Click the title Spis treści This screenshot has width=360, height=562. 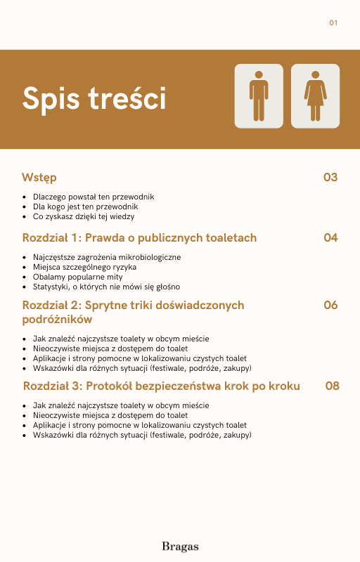tap(94, 98)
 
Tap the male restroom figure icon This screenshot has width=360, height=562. tap(259, 96)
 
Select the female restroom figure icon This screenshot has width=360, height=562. tap(315, 96)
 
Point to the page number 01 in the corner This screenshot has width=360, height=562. tap(333, 23)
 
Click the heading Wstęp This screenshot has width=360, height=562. tap(39, 177)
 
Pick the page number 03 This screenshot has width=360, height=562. tap(330, 177)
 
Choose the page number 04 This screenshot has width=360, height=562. tap(330, 237)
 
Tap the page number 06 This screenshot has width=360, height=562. tap(330, 305)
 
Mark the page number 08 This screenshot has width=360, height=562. tap(333, 386)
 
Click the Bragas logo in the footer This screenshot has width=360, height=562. tap(180, 546)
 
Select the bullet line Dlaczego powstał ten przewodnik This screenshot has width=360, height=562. tap(93, 197)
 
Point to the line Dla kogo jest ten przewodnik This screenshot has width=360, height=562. tap(85, 207)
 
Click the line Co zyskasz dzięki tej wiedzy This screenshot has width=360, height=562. tap(84, 216)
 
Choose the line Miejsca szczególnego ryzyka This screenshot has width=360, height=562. tap(84, 267)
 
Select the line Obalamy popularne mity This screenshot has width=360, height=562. tap(77, 277)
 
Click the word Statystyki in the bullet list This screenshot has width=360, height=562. tap(50, 287)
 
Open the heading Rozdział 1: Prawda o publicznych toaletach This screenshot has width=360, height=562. tap(139, 237)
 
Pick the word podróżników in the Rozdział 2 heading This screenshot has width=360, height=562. tap(57, 320)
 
